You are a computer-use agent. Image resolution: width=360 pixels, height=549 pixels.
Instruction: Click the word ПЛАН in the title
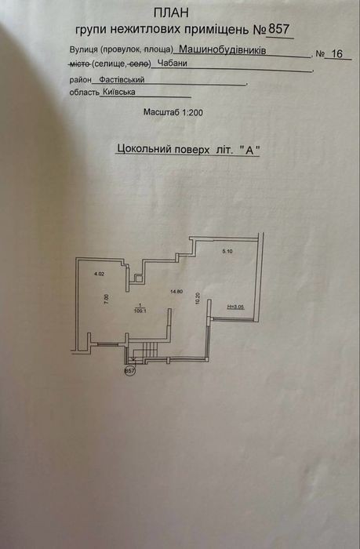171,13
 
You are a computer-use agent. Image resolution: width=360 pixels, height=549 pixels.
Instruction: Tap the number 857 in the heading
278,29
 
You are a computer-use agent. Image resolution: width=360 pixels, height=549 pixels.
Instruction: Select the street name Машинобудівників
223,50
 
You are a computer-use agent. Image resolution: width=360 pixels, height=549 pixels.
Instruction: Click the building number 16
336,53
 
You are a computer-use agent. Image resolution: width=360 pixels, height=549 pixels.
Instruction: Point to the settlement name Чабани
173,64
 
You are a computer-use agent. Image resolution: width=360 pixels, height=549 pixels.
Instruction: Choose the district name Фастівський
122,80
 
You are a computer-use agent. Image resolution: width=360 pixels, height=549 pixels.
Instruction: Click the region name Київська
119,92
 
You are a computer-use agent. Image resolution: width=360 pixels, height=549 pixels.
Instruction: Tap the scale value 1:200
192,113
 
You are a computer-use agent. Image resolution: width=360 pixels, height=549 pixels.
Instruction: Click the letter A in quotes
249,150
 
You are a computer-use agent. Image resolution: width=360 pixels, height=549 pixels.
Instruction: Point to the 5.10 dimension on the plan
227,251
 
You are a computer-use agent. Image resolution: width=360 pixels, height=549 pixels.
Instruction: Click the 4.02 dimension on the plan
100,274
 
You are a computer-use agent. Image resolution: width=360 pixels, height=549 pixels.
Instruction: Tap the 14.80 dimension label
176,291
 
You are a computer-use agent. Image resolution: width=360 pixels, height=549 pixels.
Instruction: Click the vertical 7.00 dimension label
107,300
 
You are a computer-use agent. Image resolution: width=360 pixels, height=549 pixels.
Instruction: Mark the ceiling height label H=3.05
235,307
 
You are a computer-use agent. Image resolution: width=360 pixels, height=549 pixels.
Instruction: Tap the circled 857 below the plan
129,370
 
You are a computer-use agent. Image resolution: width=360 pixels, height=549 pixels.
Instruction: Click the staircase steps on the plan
151,350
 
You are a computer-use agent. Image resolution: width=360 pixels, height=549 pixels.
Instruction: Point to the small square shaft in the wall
139,279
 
